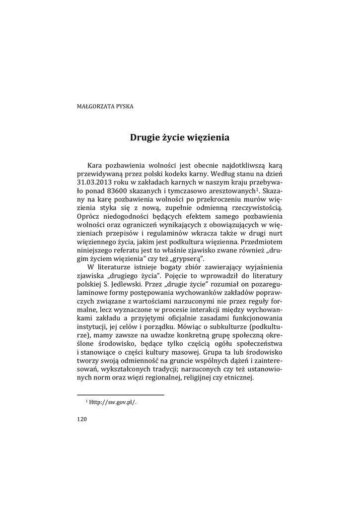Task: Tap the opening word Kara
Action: (95, 165)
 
